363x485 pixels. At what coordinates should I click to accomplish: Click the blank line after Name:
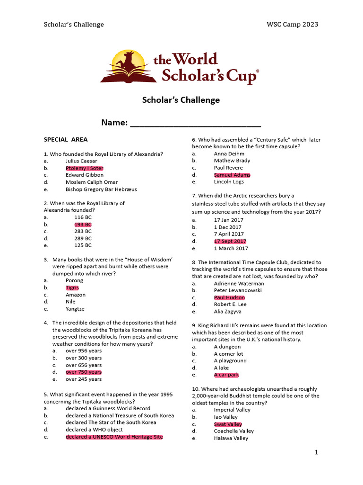click(x=195, y=124)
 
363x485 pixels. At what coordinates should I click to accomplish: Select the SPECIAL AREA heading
click(x=66, y=140)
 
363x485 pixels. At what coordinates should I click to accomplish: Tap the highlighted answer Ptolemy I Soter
click(x=84, y=168)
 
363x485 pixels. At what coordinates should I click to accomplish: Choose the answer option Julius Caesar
click(x=81, y=161)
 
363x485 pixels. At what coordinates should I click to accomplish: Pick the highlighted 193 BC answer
click(x=83, y=225)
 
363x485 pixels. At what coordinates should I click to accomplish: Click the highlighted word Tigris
click(x=72, y=287)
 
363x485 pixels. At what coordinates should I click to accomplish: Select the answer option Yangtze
click(x=76, y=309)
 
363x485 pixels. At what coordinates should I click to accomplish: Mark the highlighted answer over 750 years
click(x=84, y=372)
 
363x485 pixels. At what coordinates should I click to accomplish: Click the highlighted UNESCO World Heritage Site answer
click(x=114, y=437)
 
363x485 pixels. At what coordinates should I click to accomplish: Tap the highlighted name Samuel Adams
click(x=232, y=175)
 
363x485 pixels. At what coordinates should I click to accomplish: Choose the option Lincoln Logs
click(x=229, y=182)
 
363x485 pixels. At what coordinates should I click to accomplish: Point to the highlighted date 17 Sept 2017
click(x=230, y=241)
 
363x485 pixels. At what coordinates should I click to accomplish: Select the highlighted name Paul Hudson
click(x=229, y=297)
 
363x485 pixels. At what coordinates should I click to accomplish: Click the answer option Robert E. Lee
click(x=230, y=305)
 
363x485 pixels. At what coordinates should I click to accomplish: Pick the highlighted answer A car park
click(x=226, y=375)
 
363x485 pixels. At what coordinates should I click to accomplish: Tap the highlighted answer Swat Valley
click(x=228, y=424)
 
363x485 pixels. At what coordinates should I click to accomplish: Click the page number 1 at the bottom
click(x=317, y=453)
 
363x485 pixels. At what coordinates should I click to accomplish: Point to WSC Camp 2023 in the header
click(x=293, y=25)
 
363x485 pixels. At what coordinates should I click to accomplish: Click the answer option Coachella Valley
click(x=233, y=431)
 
